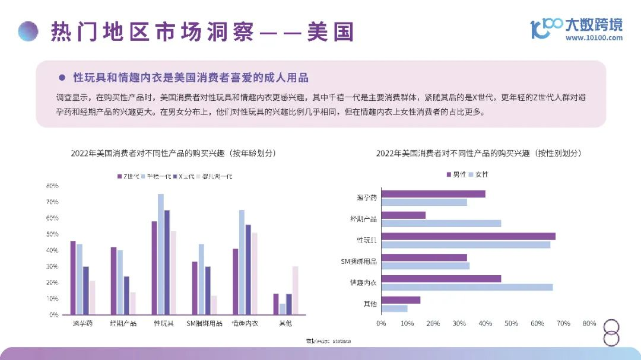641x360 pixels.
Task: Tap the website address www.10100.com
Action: [594, 38]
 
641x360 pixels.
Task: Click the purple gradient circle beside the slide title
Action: [28, 31]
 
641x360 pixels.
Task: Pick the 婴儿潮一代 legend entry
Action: [214, 176]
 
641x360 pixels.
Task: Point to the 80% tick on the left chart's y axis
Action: [52, 186]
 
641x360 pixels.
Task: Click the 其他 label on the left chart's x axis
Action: [285, 324]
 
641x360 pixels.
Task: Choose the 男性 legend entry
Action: [456, 174]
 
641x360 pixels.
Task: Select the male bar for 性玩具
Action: [468, 237]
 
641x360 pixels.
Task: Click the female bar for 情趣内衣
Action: [467, 287]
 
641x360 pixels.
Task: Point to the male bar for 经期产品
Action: [403, 215]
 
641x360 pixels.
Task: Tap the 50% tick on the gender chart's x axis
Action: [511, 324]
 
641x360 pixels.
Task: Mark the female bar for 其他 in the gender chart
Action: [394, 308]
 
